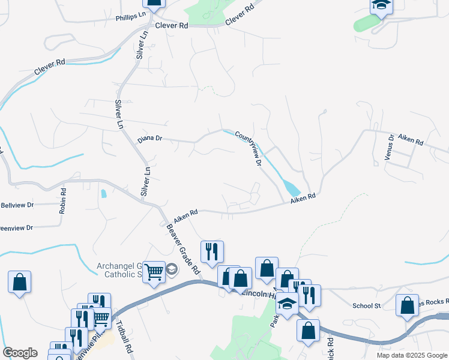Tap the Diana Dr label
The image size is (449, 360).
tap(150, 139)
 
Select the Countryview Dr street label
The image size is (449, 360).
tap(249, 149)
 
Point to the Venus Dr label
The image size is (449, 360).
tap(390, 147)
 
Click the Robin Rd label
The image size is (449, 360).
tap(62, 201)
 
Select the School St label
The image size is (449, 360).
tap(367, 305)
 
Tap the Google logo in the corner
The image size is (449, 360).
tap(20, 353)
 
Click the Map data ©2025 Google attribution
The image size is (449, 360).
tap(412, 355)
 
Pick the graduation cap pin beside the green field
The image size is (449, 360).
tap(380, 6)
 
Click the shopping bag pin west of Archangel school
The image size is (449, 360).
tap(19, 282)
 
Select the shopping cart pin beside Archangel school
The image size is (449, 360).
tap(154, 272)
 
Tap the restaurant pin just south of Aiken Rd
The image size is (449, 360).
tap(211, 251)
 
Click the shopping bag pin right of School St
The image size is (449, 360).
tap(407, 305)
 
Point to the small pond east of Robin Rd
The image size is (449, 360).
tap(104, 194)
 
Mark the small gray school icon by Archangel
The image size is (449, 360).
tap(172, 269)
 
